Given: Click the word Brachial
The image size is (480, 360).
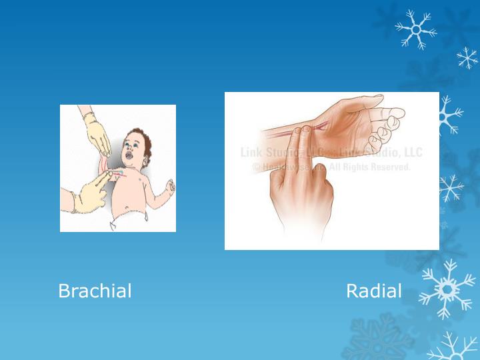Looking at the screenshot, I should tap(95, 291).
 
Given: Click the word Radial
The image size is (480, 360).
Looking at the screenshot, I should tap(374, 291).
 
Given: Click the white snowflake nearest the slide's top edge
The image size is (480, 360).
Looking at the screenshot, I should tap(414, 29).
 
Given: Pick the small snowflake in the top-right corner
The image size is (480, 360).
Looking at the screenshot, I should tap(467, 58).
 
